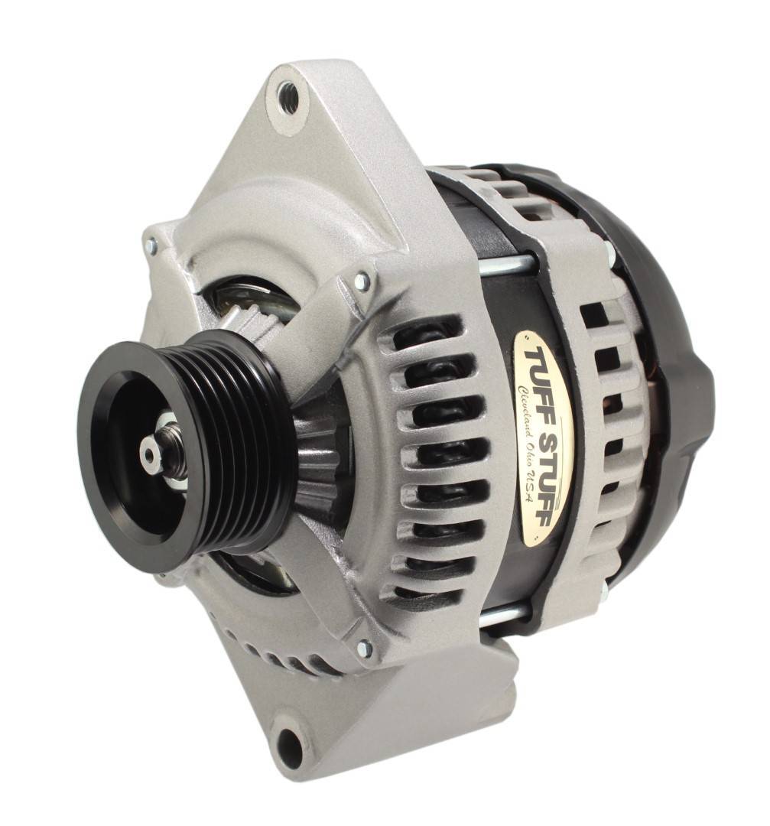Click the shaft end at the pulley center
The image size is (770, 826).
tap(150, 454)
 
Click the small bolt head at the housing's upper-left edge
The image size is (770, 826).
tap(151, 246)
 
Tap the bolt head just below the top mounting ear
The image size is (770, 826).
tap(361, 281)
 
